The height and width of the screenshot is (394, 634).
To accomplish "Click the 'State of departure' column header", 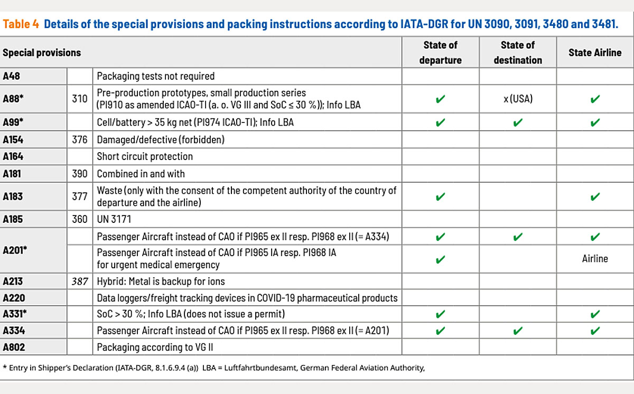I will coord(440,52).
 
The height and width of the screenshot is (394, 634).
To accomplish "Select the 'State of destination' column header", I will coord(517,52).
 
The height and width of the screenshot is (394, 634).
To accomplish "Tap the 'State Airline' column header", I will coord(594,52).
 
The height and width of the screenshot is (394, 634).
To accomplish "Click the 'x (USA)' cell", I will coord(517,99).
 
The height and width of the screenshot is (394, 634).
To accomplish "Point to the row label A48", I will coord(11,76).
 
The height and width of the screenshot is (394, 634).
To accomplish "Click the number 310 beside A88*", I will coord(80,98).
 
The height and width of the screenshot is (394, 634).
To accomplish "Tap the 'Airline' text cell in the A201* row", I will coord(595,259).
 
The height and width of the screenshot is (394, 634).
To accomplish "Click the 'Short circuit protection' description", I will coord(145,156).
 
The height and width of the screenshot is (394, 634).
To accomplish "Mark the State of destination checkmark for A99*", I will coord(517,123).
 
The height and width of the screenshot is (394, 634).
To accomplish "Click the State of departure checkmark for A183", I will coord(440,196).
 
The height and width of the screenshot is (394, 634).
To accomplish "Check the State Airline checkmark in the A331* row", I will coord(595,315).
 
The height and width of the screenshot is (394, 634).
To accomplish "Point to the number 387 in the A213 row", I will coord(80,282).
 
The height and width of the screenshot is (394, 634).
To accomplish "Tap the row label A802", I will coord(14,348).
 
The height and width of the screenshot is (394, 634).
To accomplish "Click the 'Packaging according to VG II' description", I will coord(151,348).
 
